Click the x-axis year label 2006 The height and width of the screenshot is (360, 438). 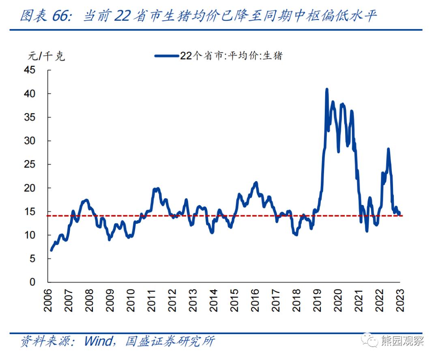tap(48, 300)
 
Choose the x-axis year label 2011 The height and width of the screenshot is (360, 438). tap(151, 300)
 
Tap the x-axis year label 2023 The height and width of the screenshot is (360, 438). tap(400, 300)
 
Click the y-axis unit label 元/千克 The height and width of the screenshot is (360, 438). tap(46, 56)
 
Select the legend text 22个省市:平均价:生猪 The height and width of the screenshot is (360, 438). tap(231, 56)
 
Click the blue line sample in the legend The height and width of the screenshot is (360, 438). tap(167, 56)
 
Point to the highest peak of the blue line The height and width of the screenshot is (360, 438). tap(326, 89)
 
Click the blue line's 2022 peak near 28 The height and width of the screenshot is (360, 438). tap(388, 149)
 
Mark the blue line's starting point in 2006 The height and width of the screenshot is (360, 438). tap(51, 250)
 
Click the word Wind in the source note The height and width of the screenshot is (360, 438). tap(98, 341)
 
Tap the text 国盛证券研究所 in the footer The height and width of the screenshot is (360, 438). tap(170, 341)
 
